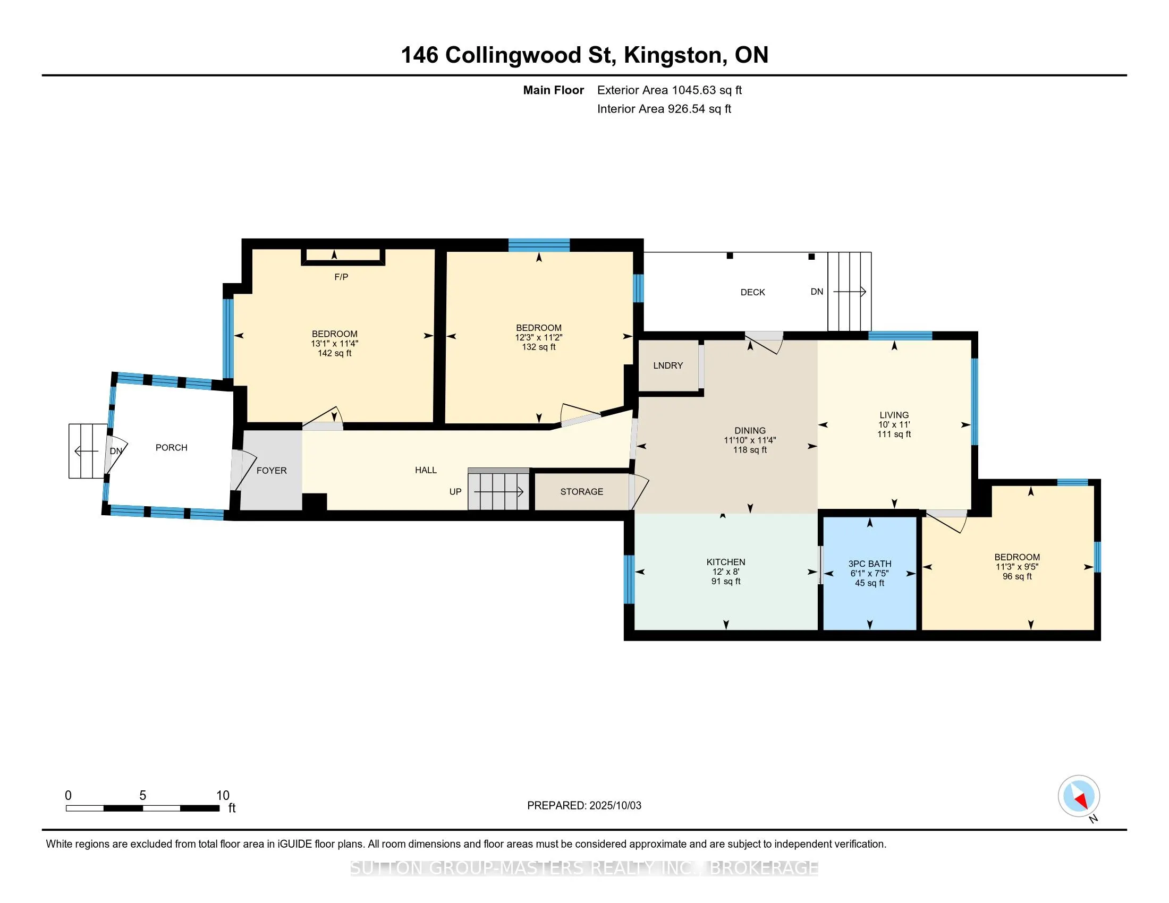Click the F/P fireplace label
[x=341, y=277]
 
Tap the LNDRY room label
[x=668, y=365]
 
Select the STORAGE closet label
[x=582, y=492]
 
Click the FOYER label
[x=272, y=471]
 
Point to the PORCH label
[x=171, y=448]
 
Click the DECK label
[x=752, y=292]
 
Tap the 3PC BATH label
[x=870, y=564]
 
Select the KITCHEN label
[x=726, y=562]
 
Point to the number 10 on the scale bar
[x=223, y=796]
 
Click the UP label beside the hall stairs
[x=455, y=492]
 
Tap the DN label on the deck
[x=817, y=292]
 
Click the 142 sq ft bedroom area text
[x=335, y=353]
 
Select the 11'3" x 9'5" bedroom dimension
[x=1017, y=567]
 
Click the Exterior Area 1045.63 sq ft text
[x=670, y=90]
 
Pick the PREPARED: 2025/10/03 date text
[x=584, y=806]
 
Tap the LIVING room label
[x=894, y=415]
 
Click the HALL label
[x=426, y=470]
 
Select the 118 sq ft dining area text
[x=750, y=450]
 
